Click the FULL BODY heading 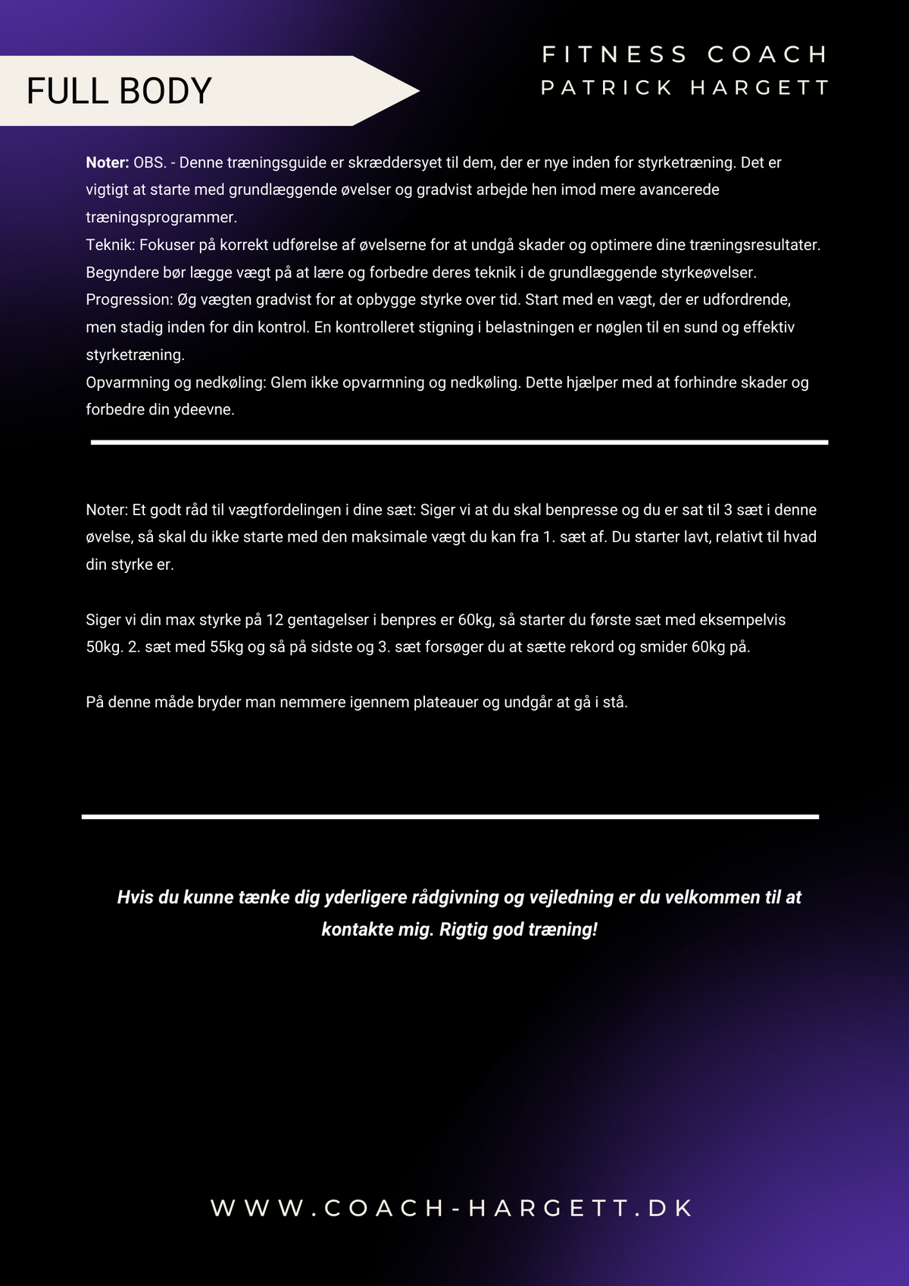(119, 91)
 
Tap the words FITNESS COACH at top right (685, 55)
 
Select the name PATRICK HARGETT (685, 88)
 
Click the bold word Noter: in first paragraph (107, 162)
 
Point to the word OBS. (149, 162)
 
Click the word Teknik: (111, 245)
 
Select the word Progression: (130, 299)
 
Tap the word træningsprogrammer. (161, 217)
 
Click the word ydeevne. (204, 410)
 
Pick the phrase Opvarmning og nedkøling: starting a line (176, 383)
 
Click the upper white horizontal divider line (459, 442)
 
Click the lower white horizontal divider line (450, 817)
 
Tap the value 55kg (226, 647)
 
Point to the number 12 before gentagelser (274, 620)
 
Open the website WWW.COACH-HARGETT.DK (452, 1208)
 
